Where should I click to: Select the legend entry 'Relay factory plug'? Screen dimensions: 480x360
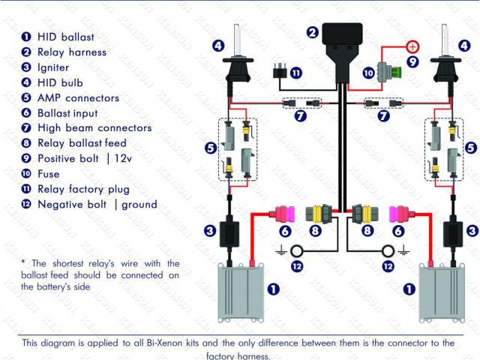pos(83,189)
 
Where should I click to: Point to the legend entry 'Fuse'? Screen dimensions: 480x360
pos(48,174)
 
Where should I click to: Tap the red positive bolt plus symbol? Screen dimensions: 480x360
pos(412,46)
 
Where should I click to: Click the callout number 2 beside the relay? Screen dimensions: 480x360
pos(312,31)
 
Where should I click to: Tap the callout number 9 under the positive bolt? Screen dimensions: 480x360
pos(412,61)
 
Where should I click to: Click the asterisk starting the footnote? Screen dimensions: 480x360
pos(23,263)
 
